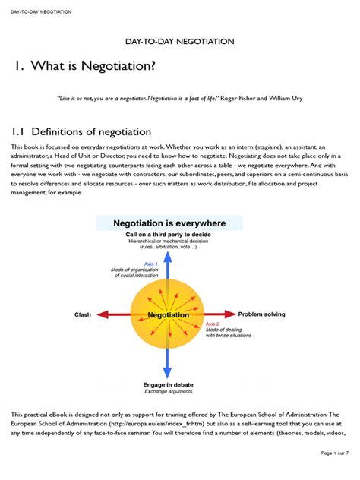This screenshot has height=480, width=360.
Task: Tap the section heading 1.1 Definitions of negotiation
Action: click(x=81, y=132)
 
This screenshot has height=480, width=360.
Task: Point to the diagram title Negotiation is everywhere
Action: click(x=169, y=223)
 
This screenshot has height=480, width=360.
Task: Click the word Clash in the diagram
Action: click(x=83, y=314)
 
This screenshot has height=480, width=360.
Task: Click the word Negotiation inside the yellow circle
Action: click(x=168, y=314)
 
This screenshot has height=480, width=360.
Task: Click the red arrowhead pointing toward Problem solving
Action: click(x=230, y=314)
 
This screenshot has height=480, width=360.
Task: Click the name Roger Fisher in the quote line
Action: click(x=219, y=99)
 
